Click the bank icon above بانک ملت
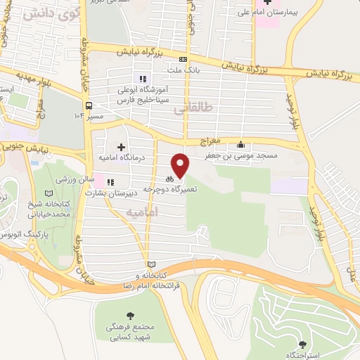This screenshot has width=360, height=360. pos(184,60)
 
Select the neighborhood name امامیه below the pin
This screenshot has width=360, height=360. pos(145,211)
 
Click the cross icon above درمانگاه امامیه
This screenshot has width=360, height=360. pos(121,147)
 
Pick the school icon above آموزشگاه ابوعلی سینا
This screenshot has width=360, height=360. pos(143,79)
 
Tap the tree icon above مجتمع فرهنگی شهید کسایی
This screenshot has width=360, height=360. pos(129,316)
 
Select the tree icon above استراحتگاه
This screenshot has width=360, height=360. pos(303,344)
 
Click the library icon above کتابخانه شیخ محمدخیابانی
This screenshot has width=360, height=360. pos(48,193)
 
